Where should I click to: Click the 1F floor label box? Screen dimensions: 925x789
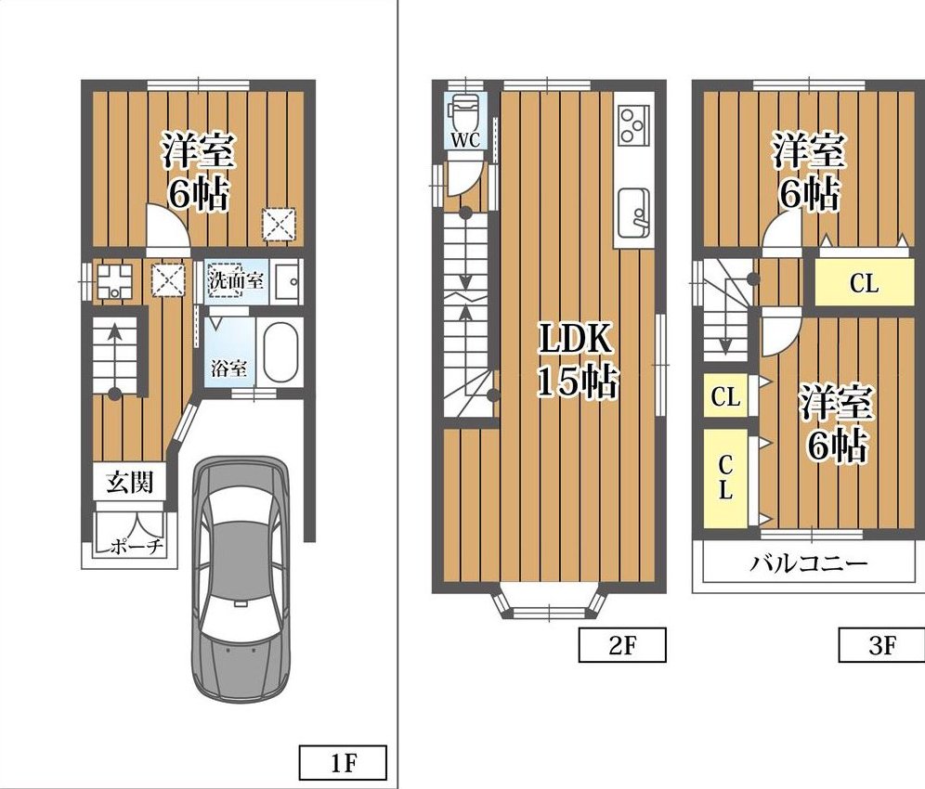(x=343, y=762)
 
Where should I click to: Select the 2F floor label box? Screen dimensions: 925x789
(x=622, y=644)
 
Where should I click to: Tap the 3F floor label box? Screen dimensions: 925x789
(x=882, y=644)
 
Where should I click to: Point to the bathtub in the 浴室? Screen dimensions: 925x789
(x=280, y=353)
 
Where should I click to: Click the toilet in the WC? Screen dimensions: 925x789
(x=460, y=114)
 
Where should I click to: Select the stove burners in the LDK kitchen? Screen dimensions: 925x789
(x=633, y=124)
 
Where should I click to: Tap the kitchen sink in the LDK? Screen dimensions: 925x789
(x=633, y=213)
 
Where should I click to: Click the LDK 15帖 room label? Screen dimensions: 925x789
(x=577, y=360)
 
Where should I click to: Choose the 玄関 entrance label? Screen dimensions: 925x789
(x=129, y=483)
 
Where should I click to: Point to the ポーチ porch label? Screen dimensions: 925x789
(x=137, y=547)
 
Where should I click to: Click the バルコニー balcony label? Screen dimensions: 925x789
(x=808, y=563)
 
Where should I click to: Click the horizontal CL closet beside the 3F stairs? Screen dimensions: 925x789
(x=865, y=282)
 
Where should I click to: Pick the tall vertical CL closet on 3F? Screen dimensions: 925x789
(x=725, y=478)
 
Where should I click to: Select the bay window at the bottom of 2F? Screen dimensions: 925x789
(x=549, y=603)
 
